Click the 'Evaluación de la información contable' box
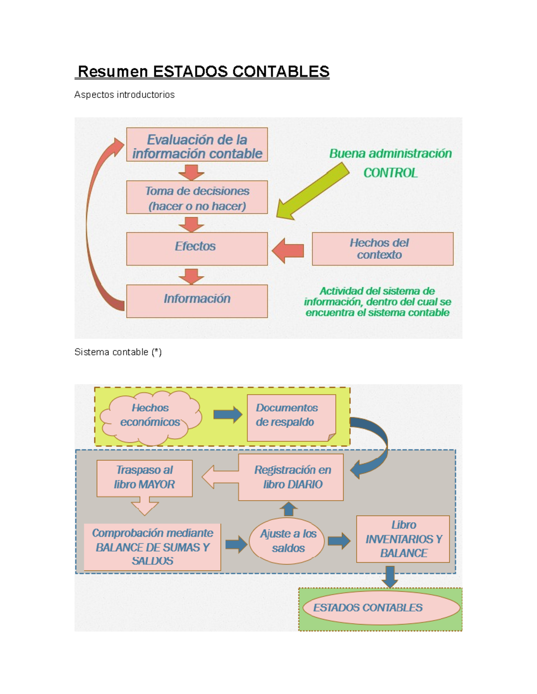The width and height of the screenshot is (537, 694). (x=197, y=145)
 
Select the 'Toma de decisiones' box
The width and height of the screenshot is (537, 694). (x=197, y=198)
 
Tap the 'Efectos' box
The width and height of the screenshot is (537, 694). (x=197, y=248)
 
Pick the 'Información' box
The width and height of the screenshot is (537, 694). (x=197, y=301)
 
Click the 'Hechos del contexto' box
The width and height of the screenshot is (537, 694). (x=383, y=249)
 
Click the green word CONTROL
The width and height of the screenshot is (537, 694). (x=390, y=173)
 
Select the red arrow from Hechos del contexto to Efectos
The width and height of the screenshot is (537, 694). (x=288, y=250)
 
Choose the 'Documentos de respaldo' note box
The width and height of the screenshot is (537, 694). (x=291, y=417)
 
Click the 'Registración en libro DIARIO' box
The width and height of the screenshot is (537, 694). (x=291, y=477)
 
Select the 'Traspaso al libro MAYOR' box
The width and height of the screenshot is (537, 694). (x=145, y=478)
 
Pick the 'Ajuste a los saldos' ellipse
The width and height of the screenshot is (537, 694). (x=288, y=541)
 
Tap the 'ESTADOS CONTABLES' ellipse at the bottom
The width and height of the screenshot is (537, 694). (x=380, y=608)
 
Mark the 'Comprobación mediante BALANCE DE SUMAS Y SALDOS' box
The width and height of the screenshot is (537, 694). (x=152, y=547)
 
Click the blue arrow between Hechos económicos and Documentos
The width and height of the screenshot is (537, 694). (x=227, y=415)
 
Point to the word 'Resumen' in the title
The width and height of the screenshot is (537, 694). (x=113, y=72)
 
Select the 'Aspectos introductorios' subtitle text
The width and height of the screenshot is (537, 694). (x=124, y=95)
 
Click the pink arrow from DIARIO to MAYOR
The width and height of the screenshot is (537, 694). (x=219, y=477)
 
